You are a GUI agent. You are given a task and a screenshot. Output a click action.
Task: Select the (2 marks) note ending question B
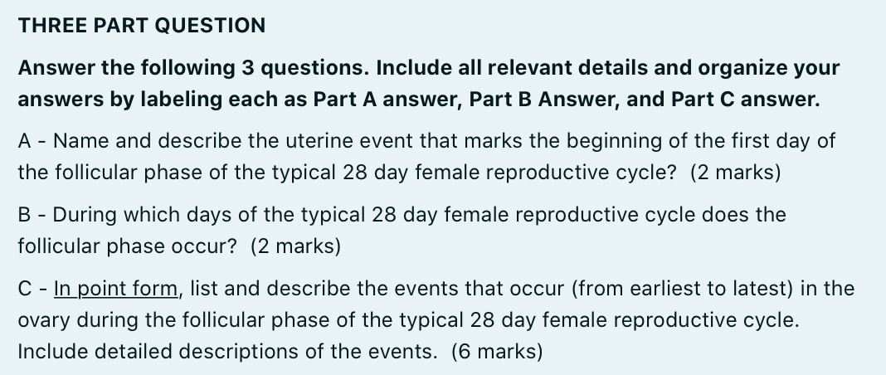[295, 246]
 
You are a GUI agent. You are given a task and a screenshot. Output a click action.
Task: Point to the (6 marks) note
[497, 351]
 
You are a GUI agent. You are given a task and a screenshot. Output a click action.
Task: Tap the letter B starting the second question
[24, 215]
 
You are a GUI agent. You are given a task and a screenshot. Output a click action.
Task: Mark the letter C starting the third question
[25, 288]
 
